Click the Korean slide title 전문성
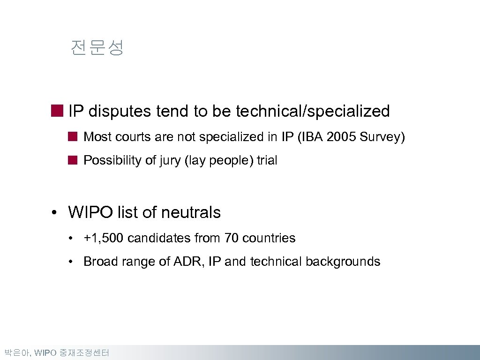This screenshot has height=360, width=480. pos(97,48)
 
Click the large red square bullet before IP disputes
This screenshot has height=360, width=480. pos(57,111)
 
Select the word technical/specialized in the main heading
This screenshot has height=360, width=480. pos(313,112)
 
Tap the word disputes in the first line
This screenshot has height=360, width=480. pos(120,112)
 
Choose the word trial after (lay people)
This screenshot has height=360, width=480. pos(267,160)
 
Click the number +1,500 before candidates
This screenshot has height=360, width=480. pos(103,238)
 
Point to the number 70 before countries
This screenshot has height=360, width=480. pos(231,238)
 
